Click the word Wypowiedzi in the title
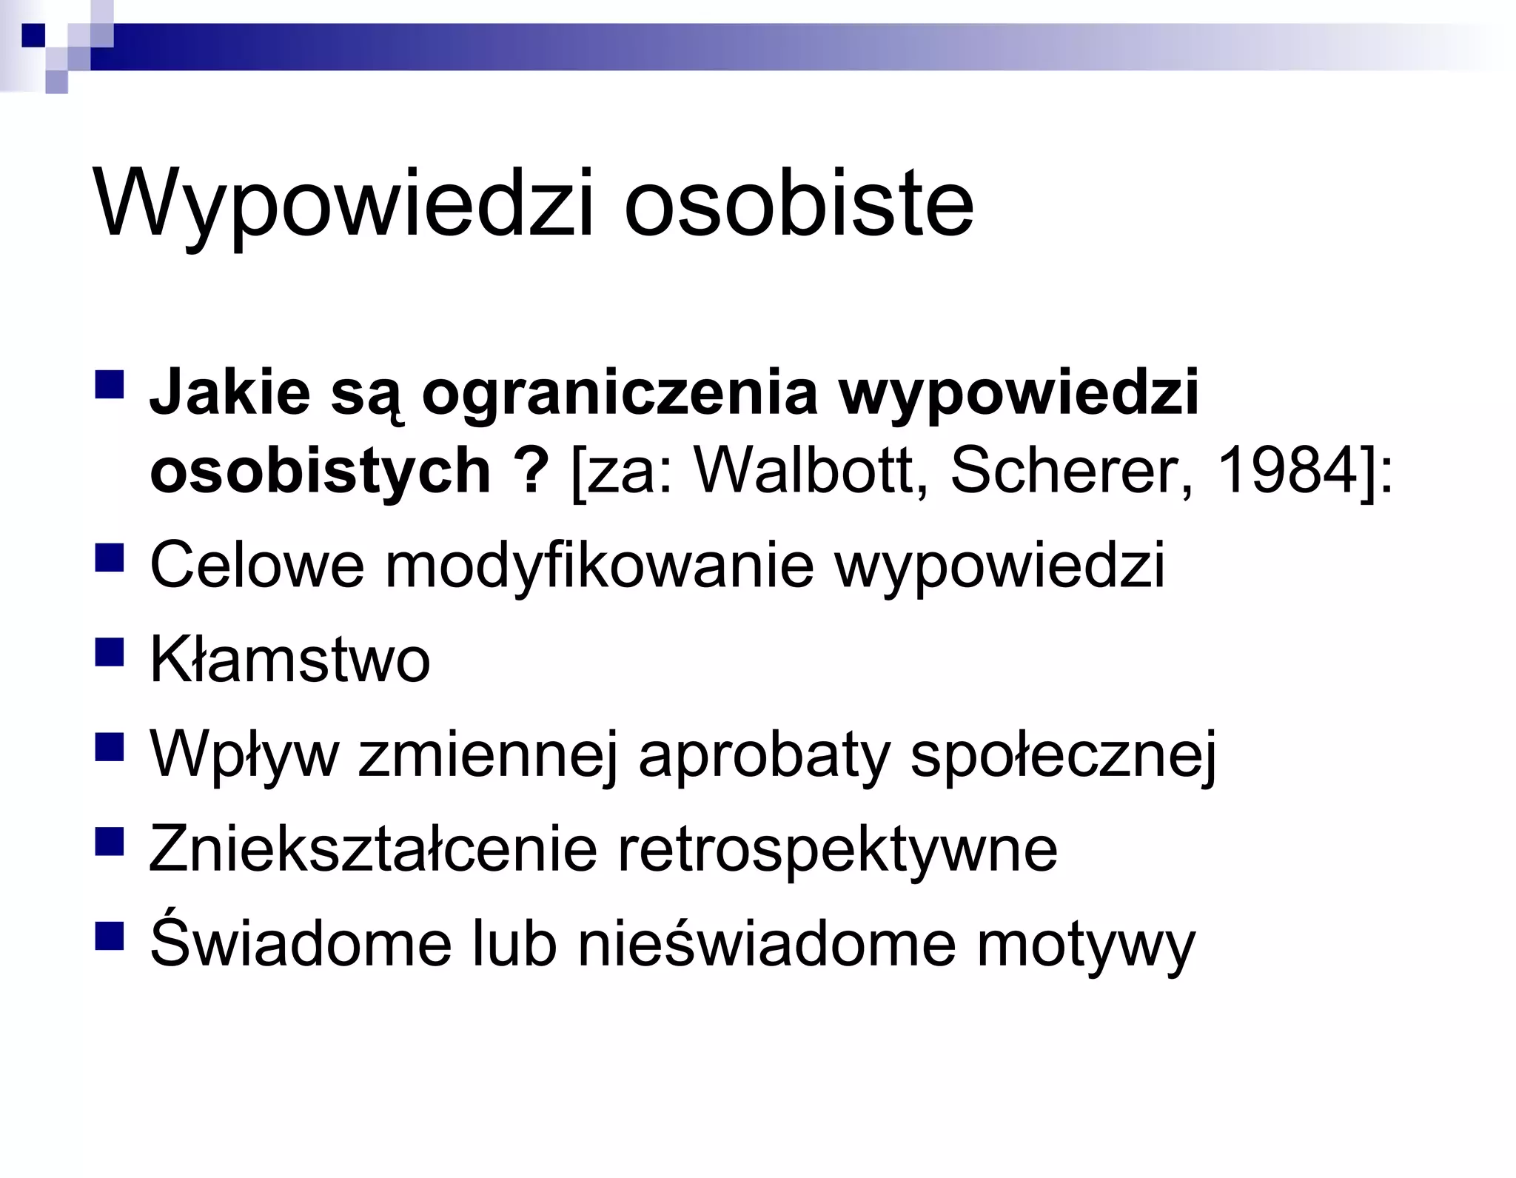click(x=343, y=204)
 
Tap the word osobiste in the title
click(x=799, y=204)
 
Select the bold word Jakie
click(x=230, y=392)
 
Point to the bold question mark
click(x=530, y=471)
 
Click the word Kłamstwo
click(x=289, y=660)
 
